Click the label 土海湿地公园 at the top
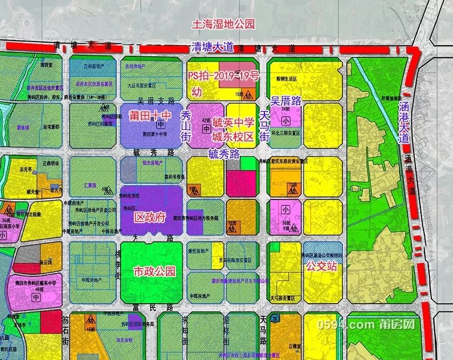pyautogui.click(x=223, y=24)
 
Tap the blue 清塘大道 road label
pyautogui.click(x=212, y=47)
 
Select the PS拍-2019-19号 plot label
pyautogui.click(x=224, y=76)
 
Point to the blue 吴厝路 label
pyautogui.click(x=286, y=101)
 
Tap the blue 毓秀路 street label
pyautogui.click(x=224, y=154)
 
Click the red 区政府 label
pyautogui.click(x=151, y=217)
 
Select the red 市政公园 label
pyautogui.click(x=154, y=272)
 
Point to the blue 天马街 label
pyautogui.click(x=264, y=120)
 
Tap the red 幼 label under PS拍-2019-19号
pyautogui.click(x=196, y=92)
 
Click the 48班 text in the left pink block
pyautogui.click(x=36, y=289)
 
